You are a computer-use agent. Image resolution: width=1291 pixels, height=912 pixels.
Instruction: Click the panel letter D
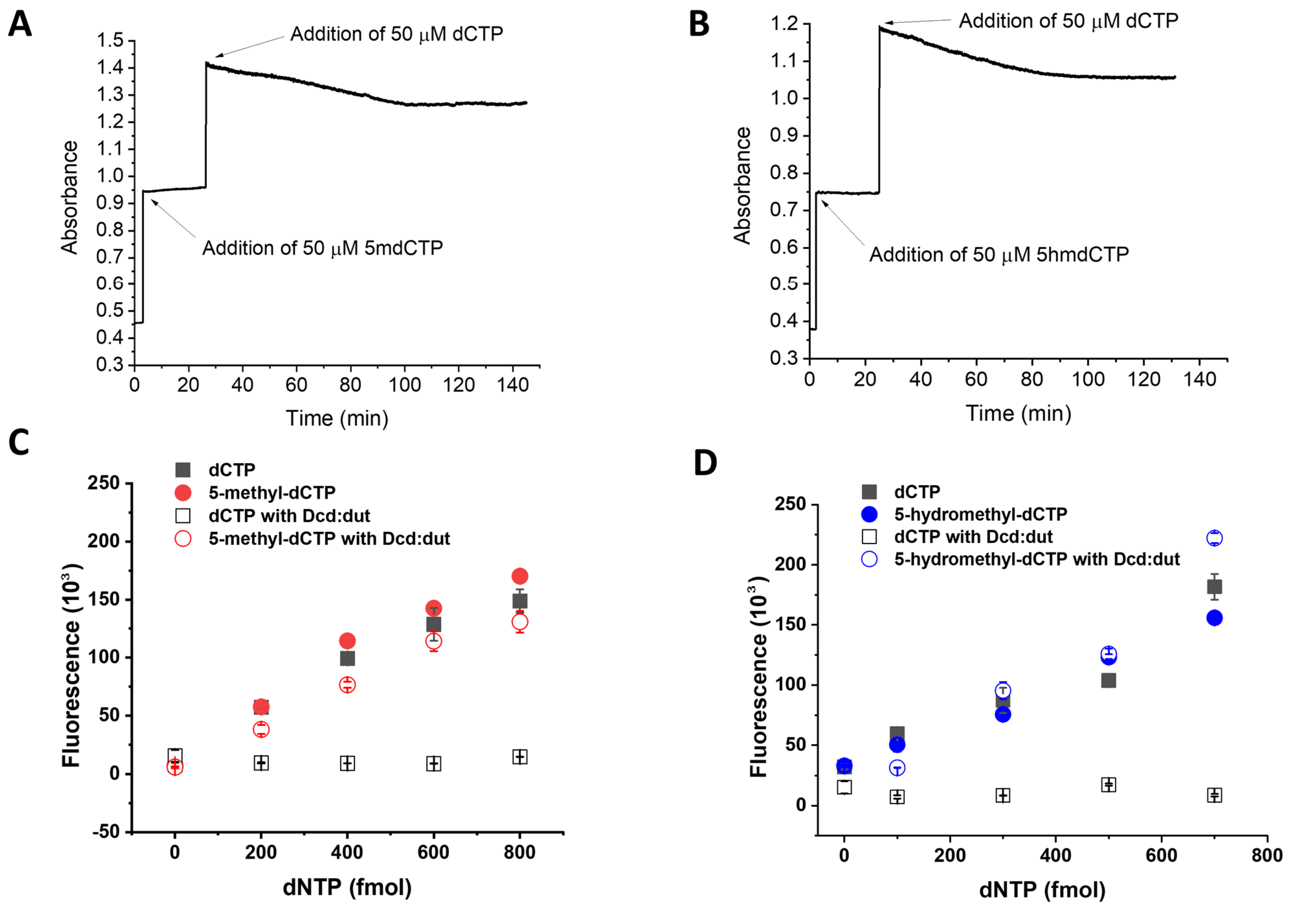[705, 463]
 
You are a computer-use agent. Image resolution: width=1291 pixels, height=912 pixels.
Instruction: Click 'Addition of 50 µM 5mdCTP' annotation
[322, 248]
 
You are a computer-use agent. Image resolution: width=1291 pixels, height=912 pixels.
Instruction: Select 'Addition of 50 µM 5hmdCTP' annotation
[999, 255]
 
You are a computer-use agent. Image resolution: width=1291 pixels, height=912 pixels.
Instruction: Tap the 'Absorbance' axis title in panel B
[743, 185]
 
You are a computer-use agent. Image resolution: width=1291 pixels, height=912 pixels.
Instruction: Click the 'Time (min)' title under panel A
[337, 418]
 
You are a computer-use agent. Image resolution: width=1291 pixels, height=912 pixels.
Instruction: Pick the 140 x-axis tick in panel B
[1199, 379]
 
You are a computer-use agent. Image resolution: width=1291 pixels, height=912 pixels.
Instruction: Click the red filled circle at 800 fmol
[519, 576]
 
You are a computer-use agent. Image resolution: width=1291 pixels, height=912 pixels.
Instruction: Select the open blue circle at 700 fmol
[1215, 538]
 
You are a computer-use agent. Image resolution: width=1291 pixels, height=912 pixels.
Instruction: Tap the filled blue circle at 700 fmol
[1215, 618]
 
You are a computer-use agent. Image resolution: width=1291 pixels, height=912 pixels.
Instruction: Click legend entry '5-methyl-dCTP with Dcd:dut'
[329, 539]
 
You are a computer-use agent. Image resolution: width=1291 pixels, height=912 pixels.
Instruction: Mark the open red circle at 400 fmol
[347, 685]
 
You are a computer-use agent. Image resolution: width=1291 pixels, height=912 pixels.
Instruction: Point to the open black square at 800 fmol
[519, 757]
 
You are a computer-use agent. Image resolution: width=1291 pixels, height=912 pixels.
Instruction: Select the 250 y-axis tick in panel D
[790, 504]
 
